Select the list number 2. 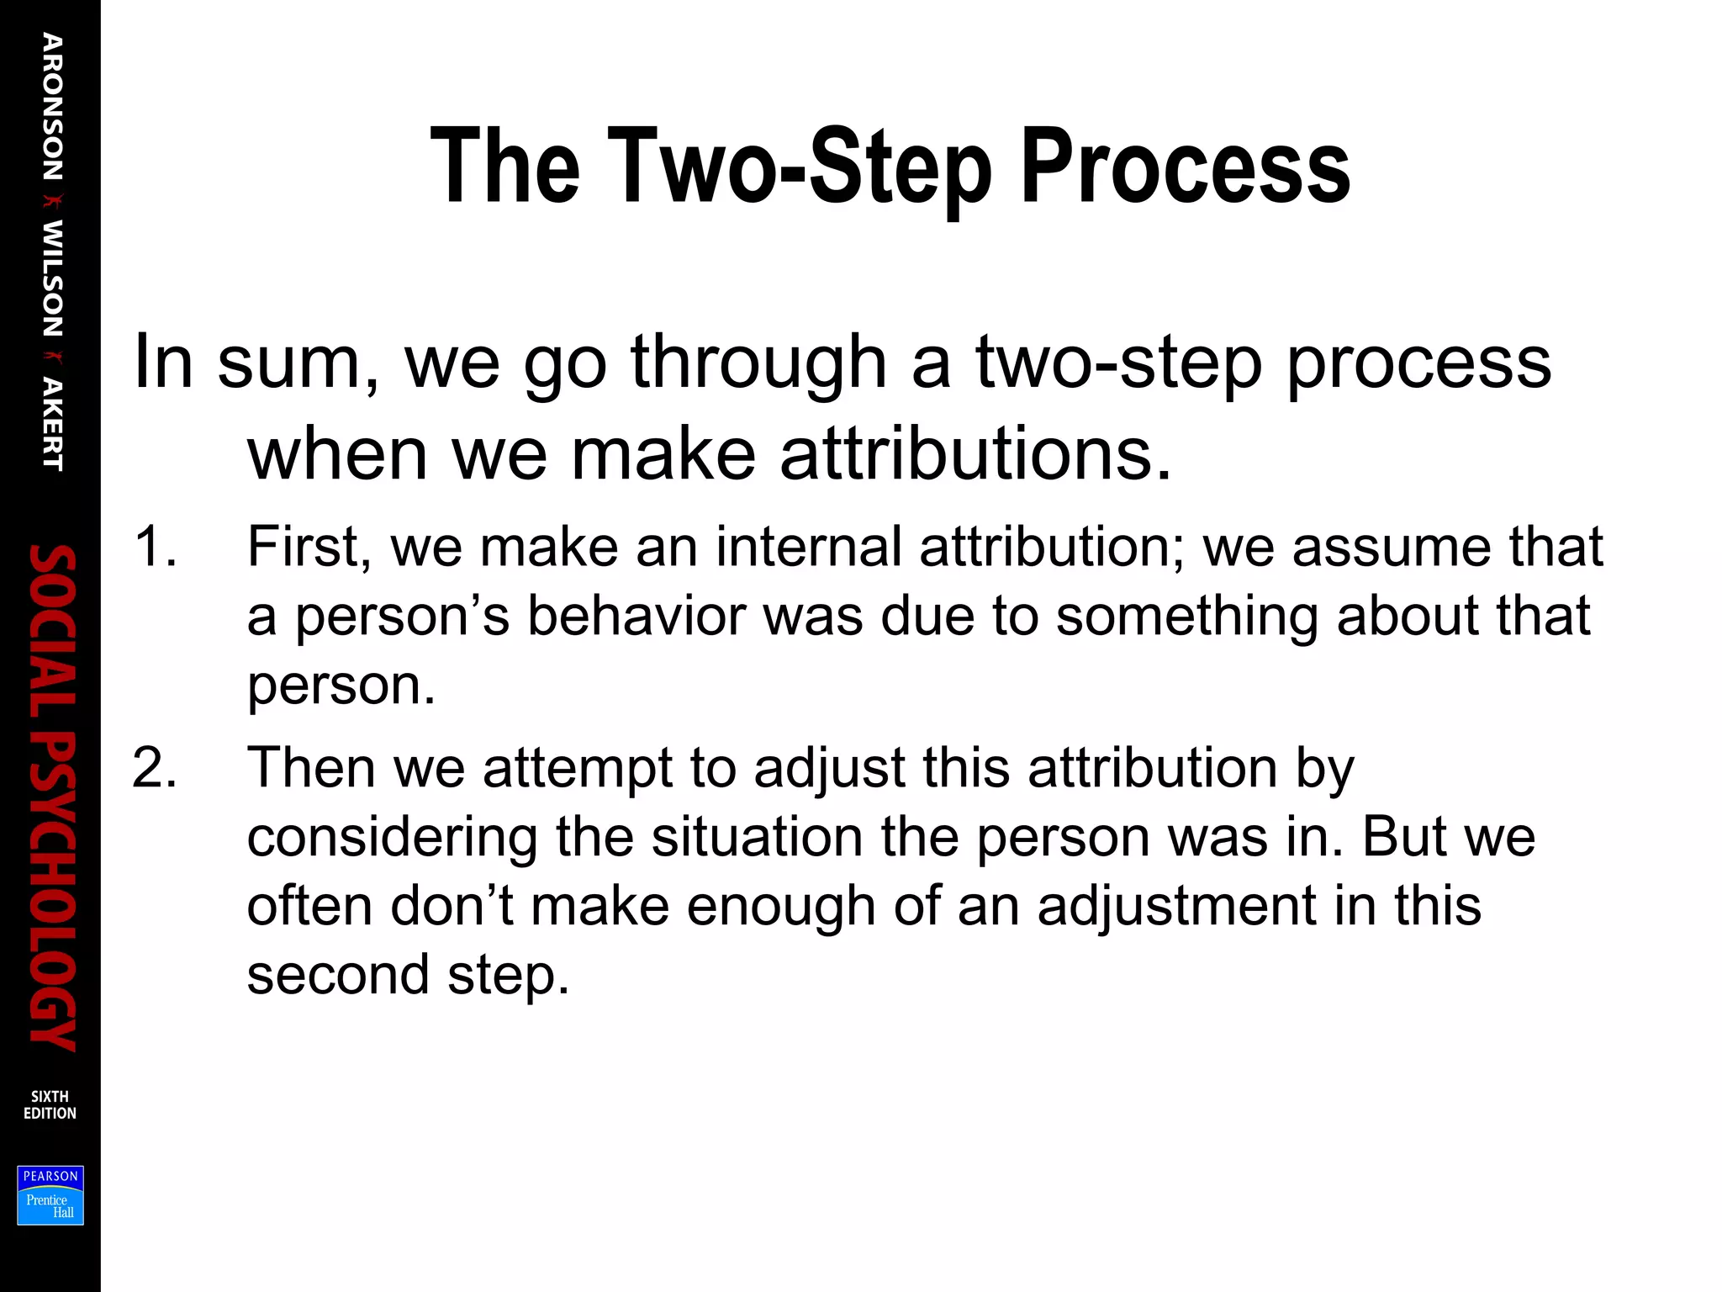pyautogui.click(x=155, y=768)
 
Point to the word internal pyautogui.click(x=808, y=547)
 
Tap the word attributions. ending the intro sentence pyautogui.click(x=975, y=454)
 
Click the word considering pyautogui.click(x=392, y=838)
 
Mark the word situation pyautogui.click(x=757, y=838)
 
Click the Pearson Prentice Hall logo pyautogui.click(x=50, y=1195)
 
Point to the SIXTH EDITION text pyautogui.click(x=50, y=1104)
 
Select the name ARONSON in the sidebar pyautogui.click(x=52, y=107)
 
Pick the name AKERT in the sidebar pyautogui.click(x=52, y=424)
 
